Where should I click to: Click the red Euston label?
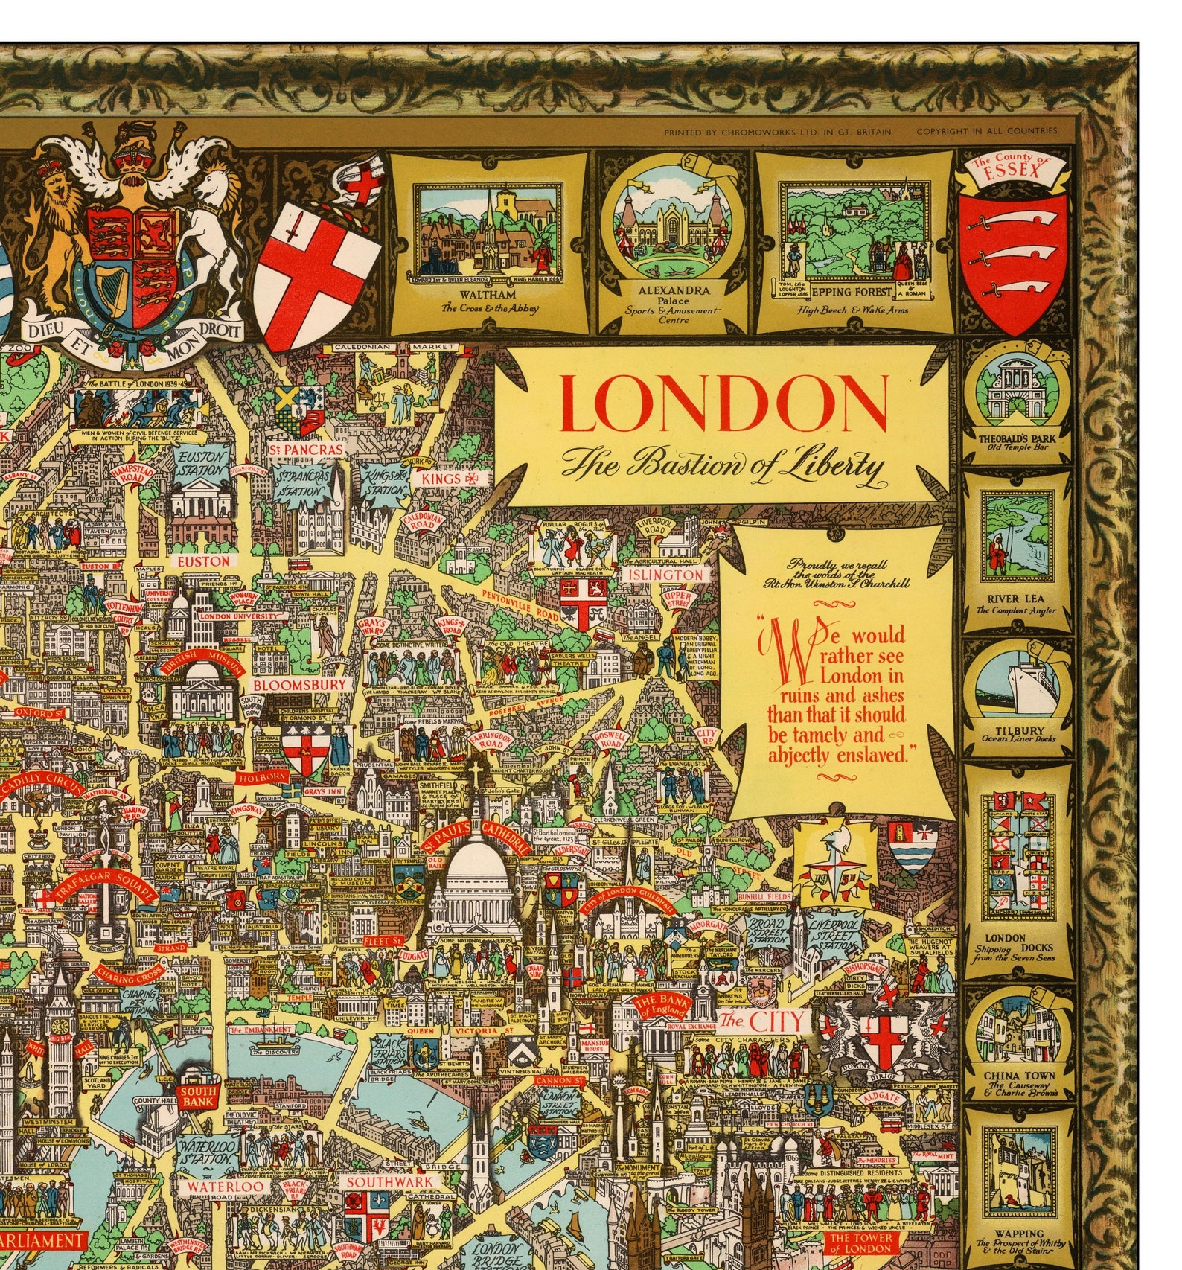(203, 561)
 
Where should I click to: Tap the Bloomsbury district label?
(299, 683)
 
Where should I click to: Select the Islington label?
(665, 575)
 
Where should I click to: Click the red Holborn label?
(262, 776)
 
